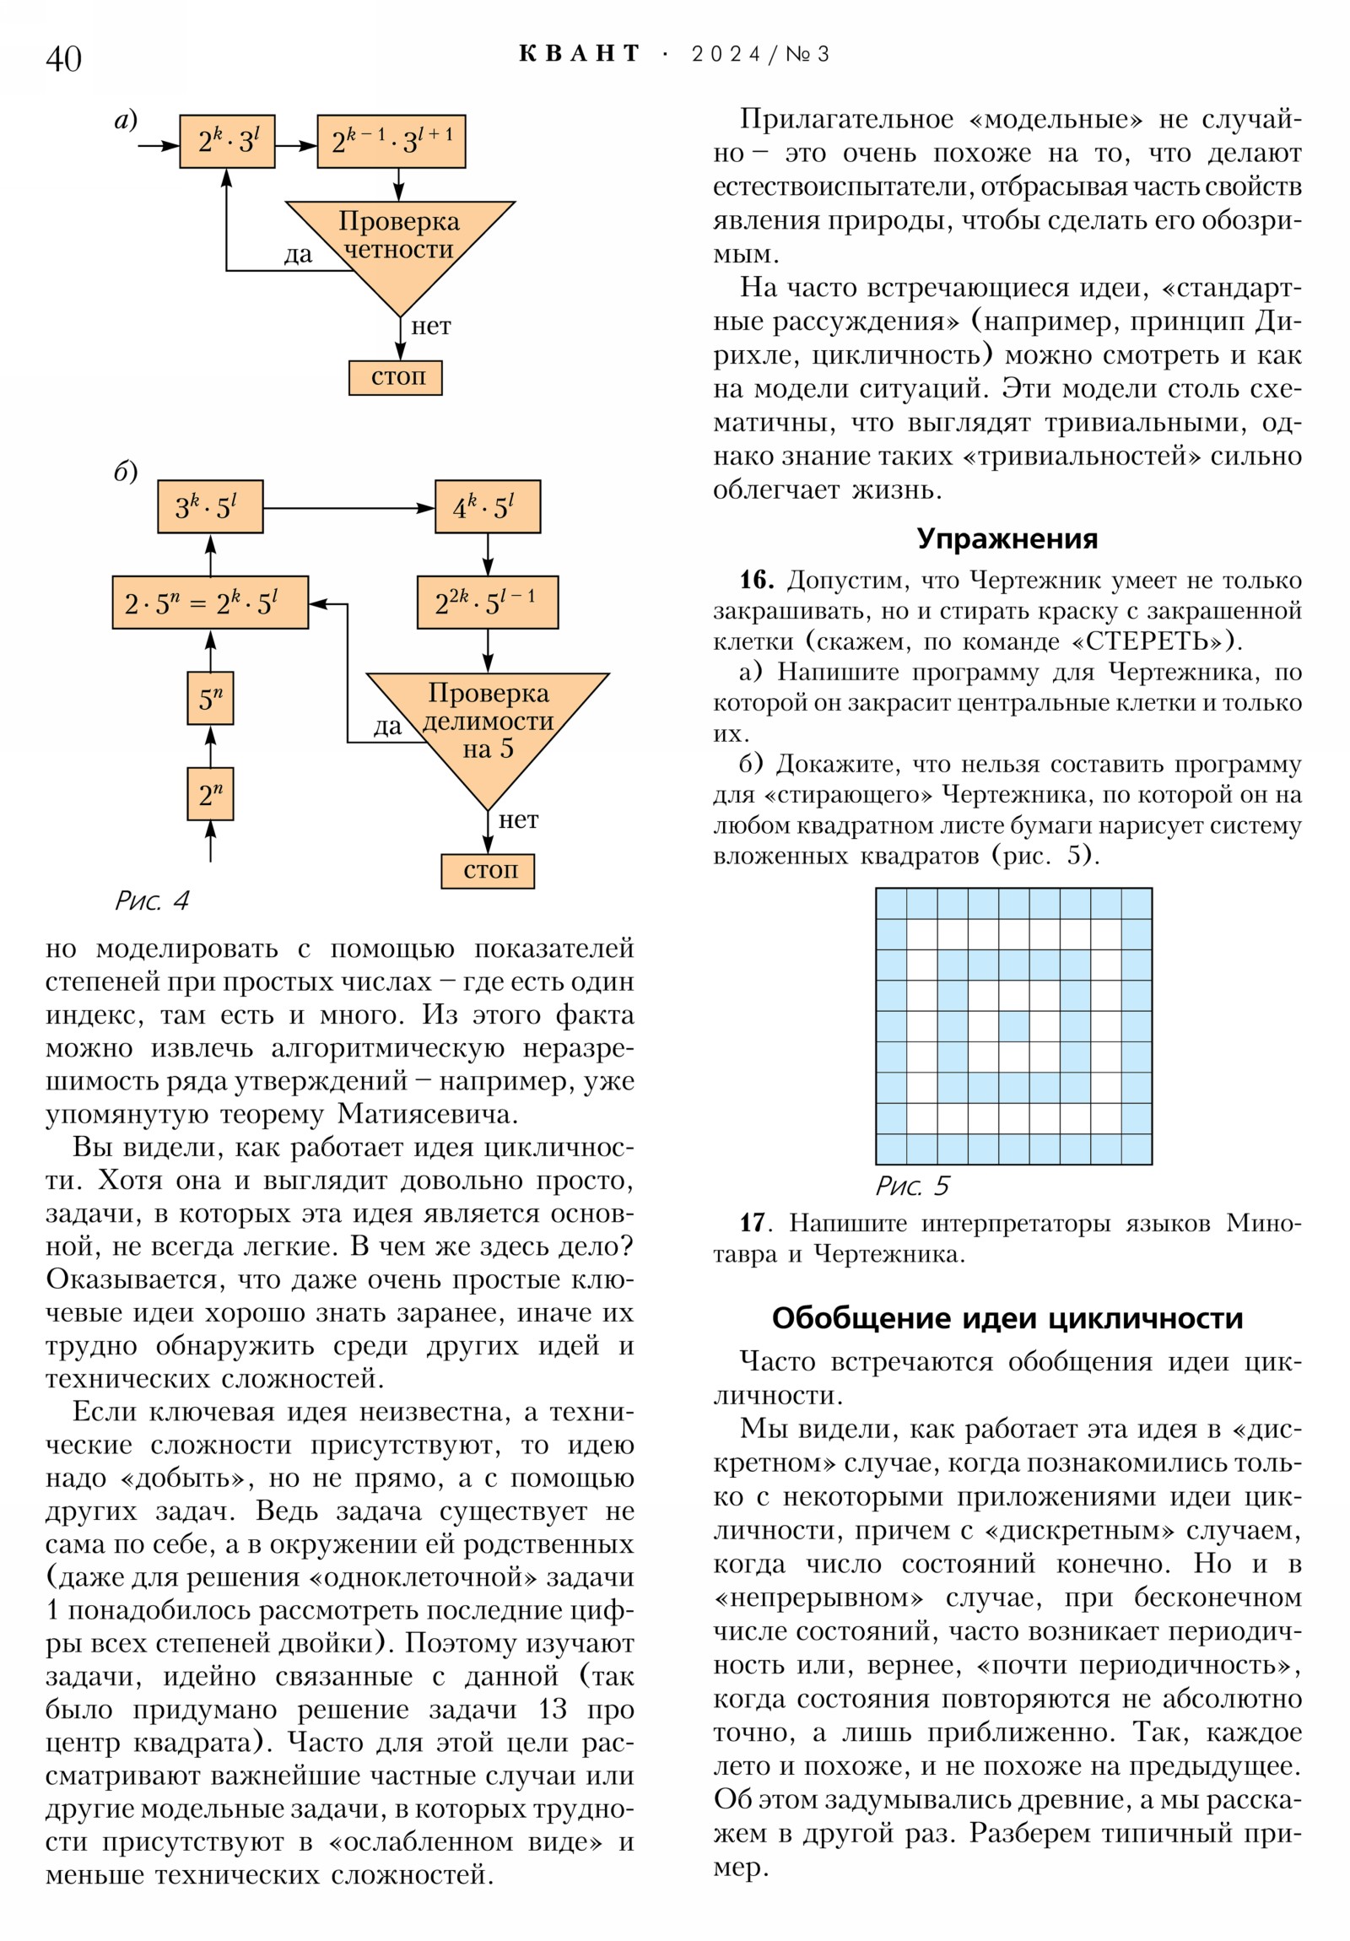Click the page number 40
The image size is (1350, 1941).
pyautogui.click(x=63, y=58)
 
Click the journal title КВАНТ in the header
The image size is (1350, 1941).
pyautogui.click(x=579, y=54)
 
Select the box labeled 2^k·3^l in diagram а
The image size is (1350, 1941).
pyautogui.click(x=227, y=141)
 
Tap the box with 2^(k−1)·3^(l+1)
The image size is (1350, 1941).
pyautogui.click(x=391, y=141)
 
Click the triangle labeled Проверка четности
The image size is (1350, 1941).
pyautogui.click(x=400, y=246)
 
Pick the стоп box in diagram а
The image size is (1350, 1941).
pyautogui.click(x=396, y=377)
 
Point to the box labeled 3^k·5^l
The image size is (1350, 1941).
pyautogui.click(x=209, y=506)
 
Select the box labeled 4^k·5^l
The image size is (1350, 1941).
pyautogui.click(x=487, y=506)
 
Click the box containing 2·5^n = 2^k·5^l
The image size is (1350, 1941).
pyautogui.click(x=209, y=603)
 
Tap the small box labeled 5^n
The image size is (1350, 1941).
pyautogui.click(x=209, y=698)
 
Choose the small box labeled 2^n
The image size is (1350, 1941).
pyautogui.click(x=209, y=794)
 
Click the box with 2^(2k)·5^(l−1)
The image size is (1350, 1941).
pyautogui.click(x=487, y=603)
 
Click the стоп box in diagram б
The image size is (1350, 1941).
pyautogui.click(x=488, y=871)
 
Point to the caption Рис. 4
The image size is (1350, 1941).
pyautogui.click(x=152, y=901)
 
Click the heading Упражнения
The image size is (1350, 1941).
pyautogui.click(x=1007, y=538)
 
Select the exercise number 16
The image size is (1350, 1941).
pyautogui.click(x=757, y=580)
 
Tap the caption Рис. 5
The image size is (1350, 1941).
pyautogui.click(x=912, y=1186)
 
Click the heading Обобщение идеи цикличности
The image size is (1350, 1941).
pyautogui.click(x=1007, y=1318)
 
